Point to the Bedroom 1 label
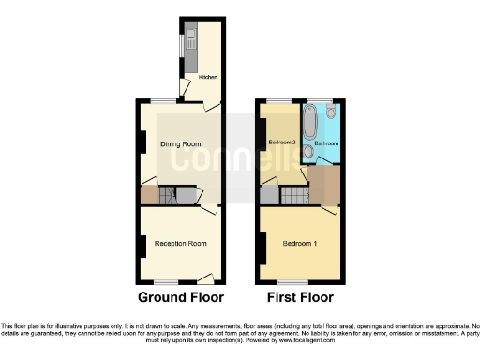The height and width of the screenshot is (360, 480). (x=300, y=244)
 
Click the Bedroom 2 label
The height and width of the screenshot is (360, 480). (x=282, y=142)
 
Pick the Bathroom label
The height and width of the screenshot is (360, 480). (x=326, y=143)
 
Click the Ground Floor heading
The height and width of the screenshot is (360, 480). (x=181, y=298)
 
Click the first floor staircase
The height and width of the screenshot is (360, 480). (x=297, y=196)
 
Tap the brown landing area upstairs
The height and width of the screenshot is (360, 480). (x=324, y=183)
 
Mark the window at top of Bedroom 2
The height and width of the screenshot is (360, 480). (x=279, y=99)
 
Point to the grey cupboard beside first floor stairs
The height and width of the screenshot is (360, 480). (x=270, y=195)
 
